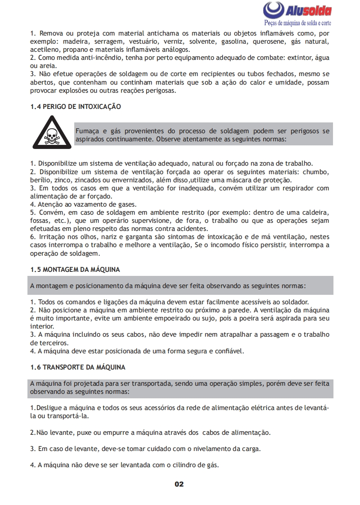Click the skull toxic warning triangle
(x=52, y=133)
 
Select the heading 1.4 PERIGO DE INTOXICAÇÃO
(x=76, y=107)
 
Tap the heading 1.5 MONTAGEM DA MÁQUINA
(x=75, y=270)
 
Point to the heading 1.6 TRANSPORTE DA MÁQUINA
(x=78, y=367)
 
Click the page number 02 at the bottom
(x=179, y=484)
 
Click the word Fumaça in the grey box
(x=87, y=131)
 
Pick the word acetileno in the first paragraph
(x=45, y=50)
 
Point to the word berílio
(x=40, y=180)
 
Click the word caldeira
(x=315, y=212)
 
